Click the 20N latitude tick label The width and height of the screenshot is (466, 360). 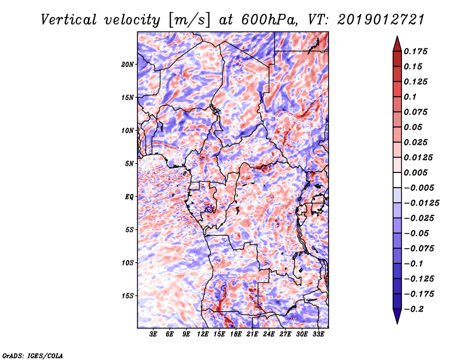(x=128, y=64)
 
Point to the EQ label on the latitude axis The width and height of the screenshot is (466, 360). (x=129, y=197)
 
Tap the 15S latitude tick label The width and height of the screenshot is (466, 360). (x=128, y=296)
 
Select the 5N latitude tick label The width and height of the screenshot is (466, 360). (x=129, y=164)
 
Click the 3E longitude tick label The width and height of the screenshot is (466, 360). (x=154, y=334)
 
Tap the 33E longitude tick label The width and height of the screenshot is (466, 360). (x=318, y=334)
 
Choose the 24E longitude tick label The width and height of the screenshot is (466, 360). (x=269, y=334)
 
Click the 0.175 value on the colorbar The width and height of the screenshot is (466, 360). (x=416, y=51)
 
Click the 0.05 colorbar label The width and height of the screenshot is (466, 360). (x=414, y=127)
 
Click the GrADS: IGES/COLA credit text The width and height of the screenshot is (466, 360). (x=32, y=355)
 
